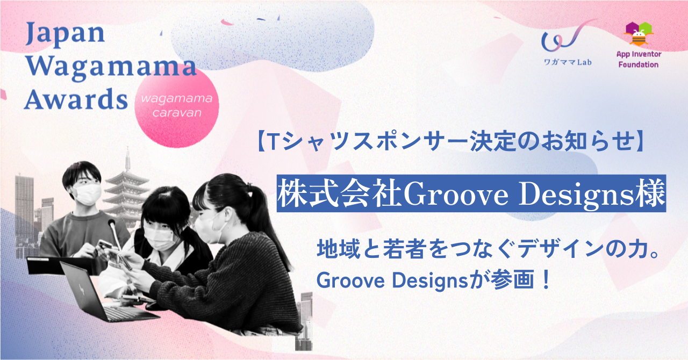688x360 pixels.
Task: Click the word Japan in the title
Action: pyautogui.click(x=65, y=34)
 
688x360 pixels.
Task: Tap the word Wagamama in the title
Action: pyautogui.click(x=111, y=68)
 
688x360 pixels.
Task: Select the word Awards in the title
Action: pyautogui.click(x=76, y=99)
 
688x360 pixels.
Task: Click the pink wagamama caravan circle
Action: pyautogui.click(x=177, y=106)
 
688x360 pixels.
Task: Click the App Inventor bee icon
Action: pyautogui.click(x=639, y=34)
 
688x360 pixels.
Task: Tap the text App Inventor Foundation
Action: pyautogui.click(x=639, y=59)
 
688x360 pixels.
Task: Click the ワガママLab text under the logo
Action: pyautogui.click(x=568, y=62)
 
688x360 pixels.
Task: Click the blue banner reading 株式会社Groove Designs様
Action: pyautogui.click(x=471, y=193)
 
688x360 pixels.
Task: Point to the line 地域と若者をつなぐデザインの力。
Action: pyautogui.click(x=489, y=249)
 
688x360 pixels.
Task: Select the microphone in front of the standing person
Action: pyautogui.click(x=114, y=236)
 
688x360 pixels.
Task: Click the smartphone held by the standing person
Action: pyautogui.click(x=105, y=245)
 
